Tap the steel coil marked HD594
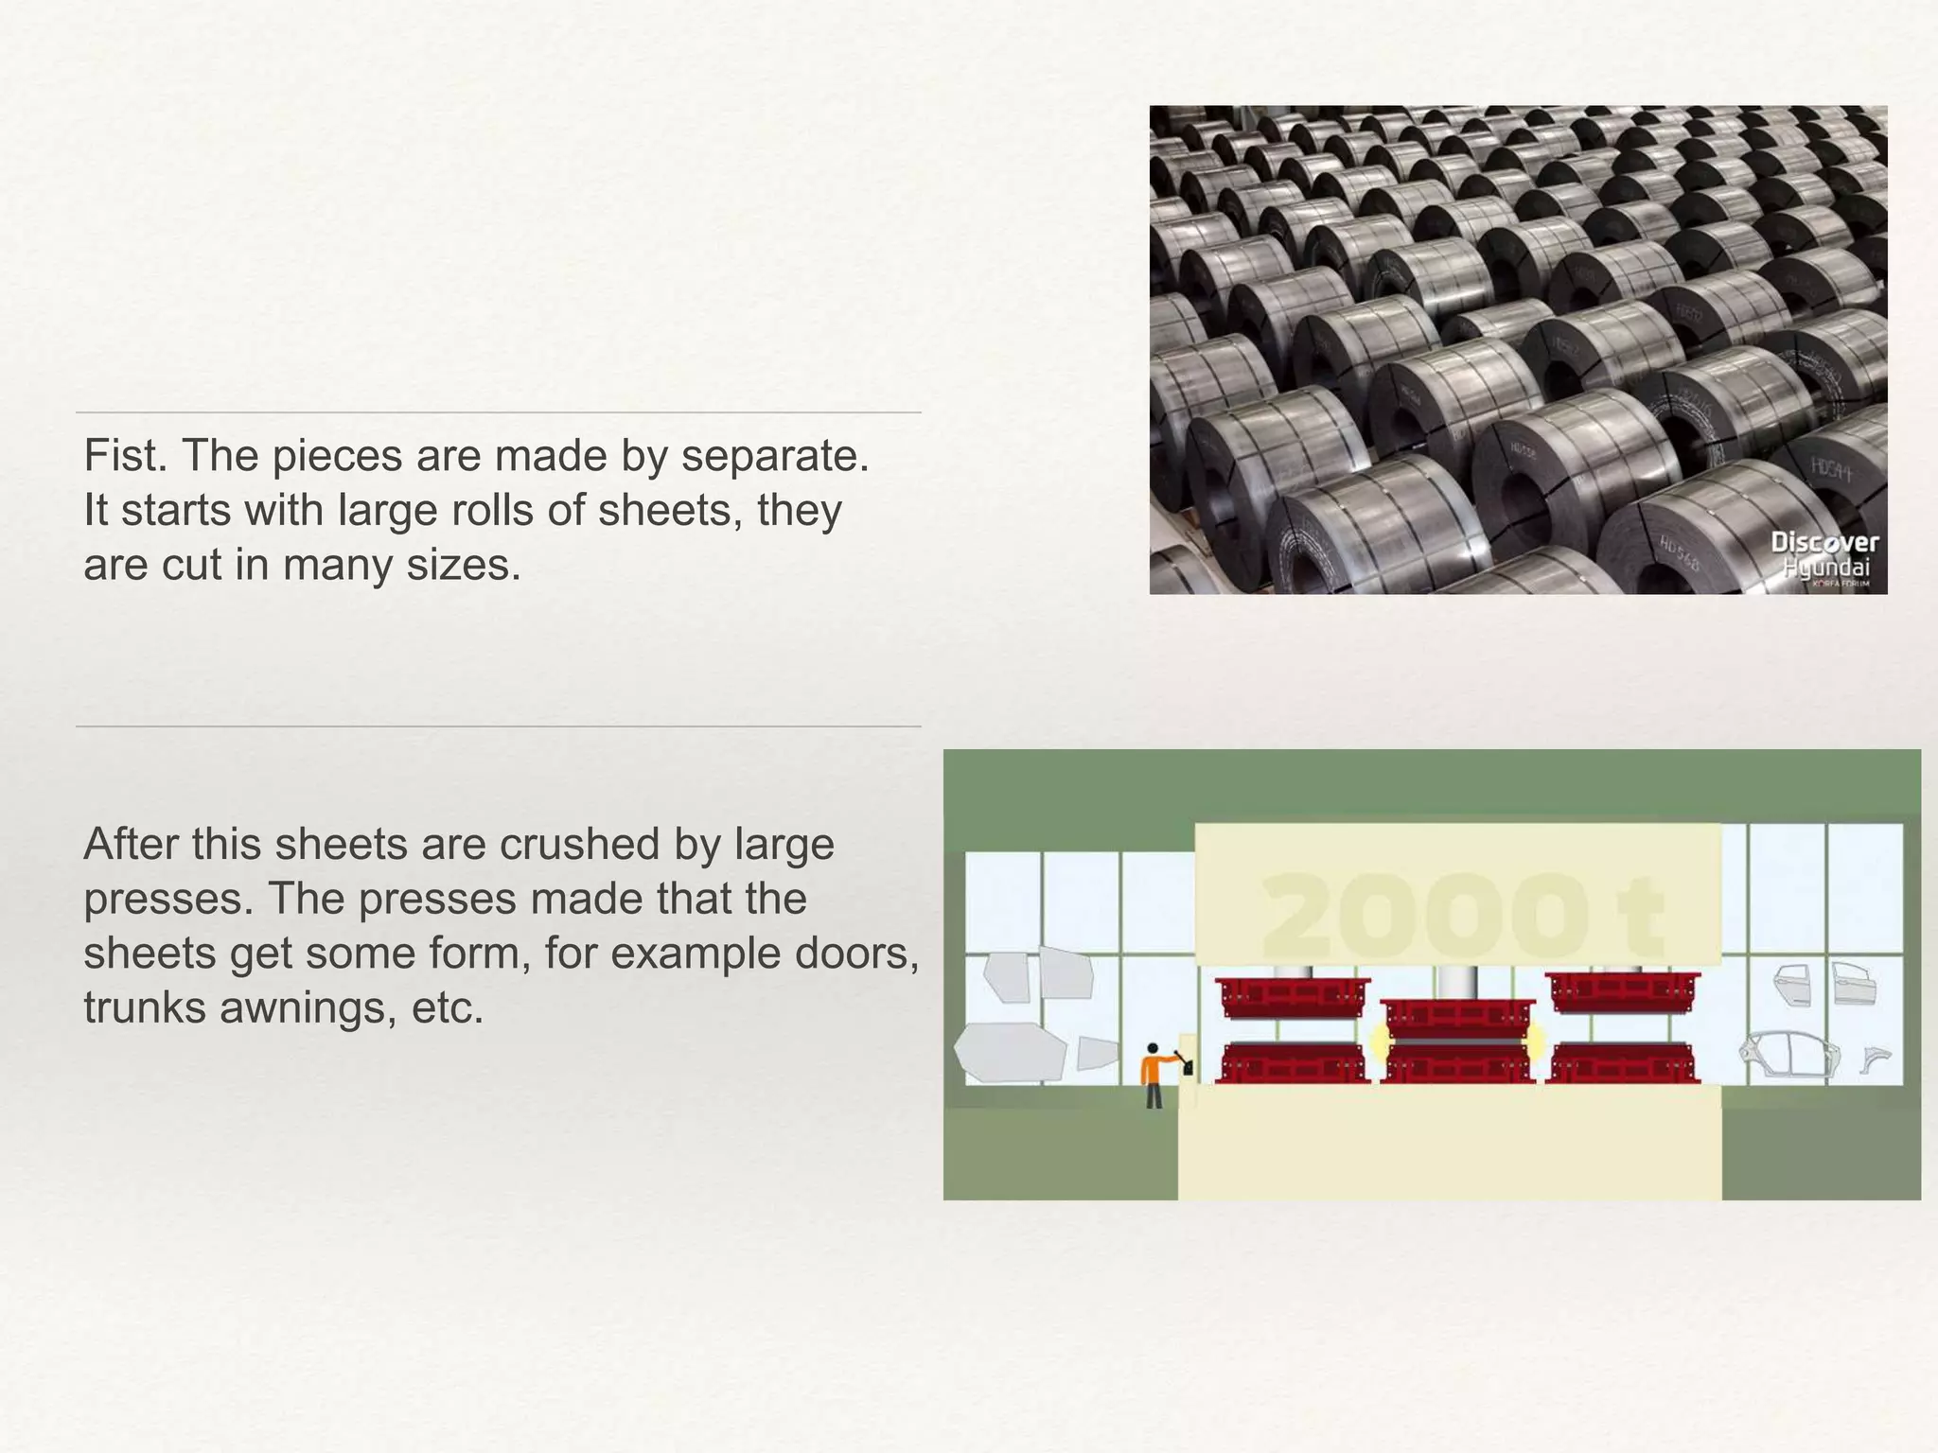[1831, 473]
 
